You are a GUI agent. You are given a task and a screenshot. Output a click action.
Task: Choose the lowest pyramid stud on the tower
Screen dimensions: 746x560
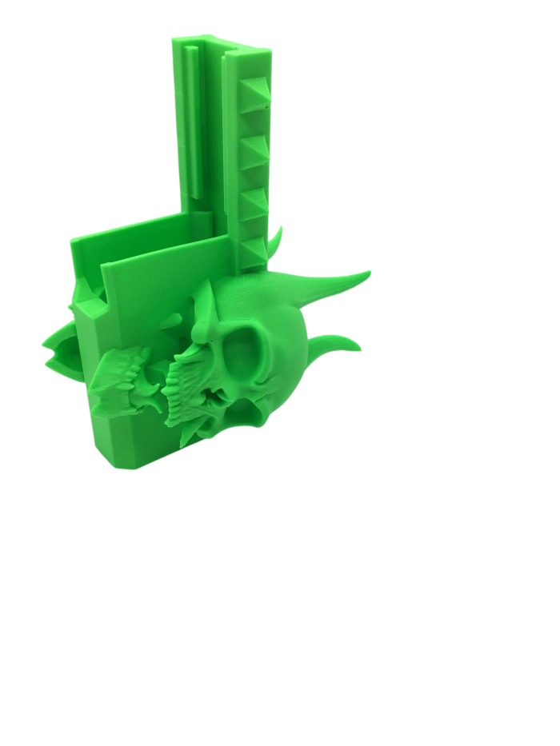pos(254,249)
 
